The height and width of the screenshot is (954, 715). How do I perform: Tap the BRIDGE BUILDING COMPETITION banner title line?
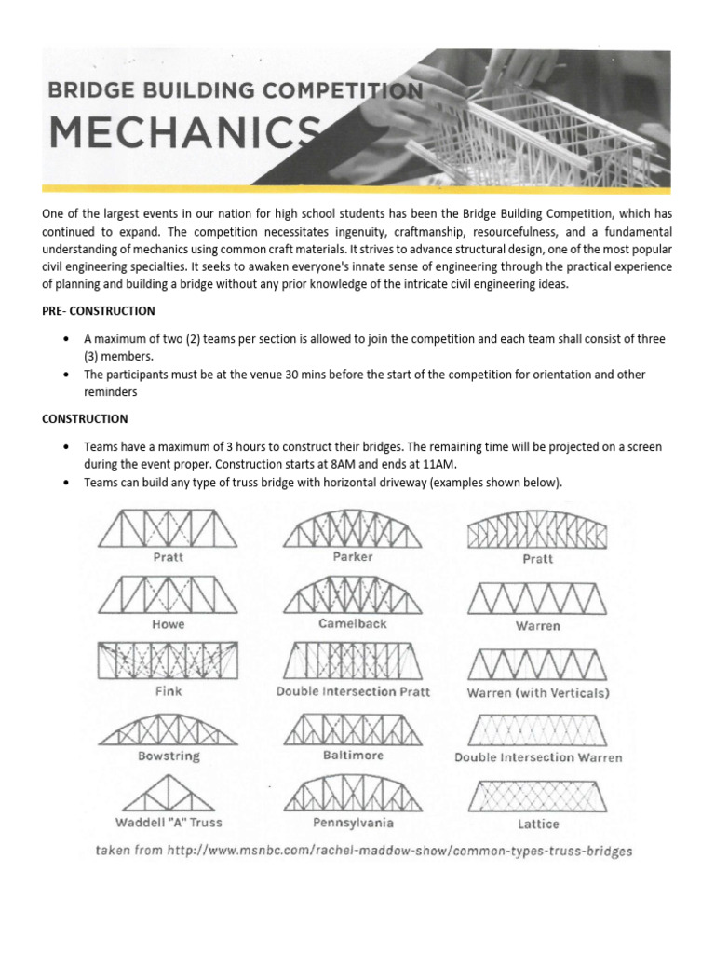click(x=232, y=91)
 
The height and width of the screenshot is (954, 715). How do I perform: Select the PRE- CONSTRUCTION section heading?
click(x=98, y=310)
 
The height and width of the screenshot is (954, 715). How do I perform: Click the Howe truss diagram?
click(x=169, y=594)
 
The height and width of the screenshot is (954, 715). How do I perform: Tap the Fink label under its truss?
click(x=169, y=692)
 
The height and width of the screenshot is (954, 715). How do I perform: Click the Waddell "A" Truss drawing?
click(x=169, y=795)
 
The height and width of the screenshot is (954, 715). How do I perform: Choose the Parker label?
click(x=353, y=556)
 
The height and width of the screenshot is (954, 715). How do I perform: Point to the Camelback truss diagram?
click(x=353, y=594)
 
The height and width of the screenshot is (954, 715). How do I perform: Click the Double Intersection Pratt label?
click(x=353, y=692)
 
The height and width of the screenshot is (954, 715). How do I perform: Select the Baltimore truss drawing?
click(x=353, y=729)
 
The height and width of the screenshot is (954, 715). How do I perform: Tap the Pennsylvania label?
click(x=353, y=824)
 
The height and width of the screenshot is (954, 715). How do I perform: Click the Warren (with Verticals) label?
click(x=538, y=693)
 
